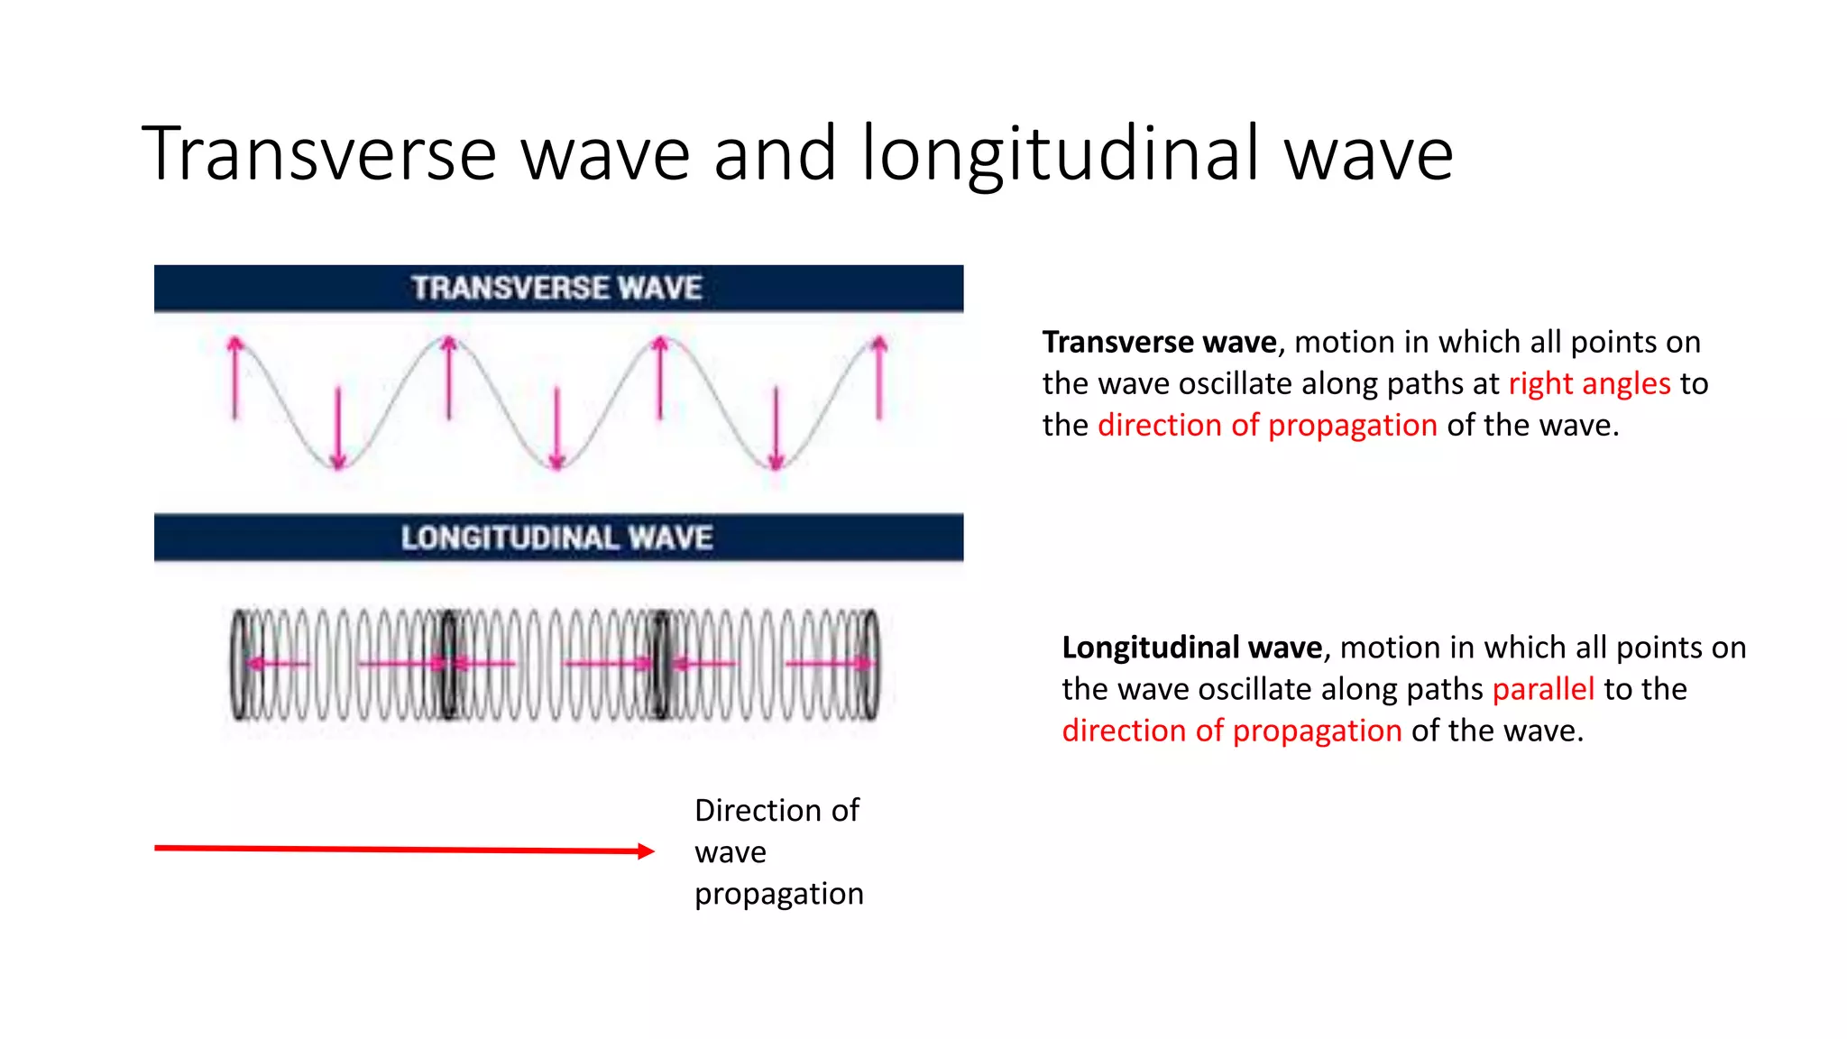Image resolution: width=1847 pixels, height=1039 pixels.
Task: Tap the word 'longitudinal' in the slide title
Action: point(1060,153)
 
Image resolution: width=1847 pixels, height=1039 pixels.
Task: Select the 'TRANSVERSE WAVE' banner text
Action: point(556,288)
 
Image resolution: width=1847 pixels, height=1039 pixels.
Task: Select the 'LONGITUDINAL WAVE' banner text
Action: point(556,538)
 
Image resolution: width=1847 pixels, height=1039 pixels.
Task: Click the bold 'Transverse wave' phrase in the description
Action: point(1159,343)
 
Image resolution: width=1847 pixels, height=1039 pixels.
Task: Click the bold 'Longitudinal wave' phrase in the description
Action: point(1191,648)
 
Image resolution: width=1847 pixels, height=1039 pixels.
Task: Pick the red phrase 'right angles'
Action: point(1589,384)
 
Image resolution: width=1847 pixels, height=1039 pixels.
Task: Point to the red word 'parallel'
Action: point(1543,689)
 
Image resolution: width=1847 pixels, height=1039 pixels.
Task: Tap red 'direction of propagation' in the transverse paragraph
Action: point(1267,426)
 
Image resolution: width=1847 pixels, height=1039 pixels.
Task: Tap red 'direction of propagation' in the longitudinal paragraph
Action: point(1231,731)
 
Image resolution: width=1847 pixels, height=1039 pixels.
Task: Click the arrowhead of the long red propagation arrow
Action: point(646,851)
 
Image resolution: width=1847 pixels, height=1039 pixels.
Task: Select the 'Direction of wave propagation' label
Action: point(778,851)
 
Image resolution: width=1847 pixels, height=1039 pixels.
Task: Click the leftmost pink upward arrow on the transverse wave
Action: point(235,377)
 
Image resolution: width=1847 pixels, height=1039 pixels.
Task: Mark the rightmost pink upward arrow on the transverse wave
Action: point(879,377)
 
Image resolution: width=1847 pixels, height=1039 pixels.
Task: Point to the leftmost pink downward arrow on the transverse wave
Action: point(338,429)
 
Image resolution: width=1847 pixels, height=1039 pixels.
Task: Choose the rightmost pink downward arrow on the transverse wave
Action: point(776,429)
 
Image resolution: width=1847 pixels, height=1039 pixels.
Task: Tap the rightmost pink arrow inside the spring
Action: point(830,664)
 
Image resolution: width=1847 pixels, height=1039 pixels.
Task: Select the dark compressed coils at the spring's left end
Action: point(239,665)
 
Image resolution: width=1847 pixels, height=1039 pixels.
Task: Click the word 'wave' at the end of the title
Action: point(1368,153)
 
